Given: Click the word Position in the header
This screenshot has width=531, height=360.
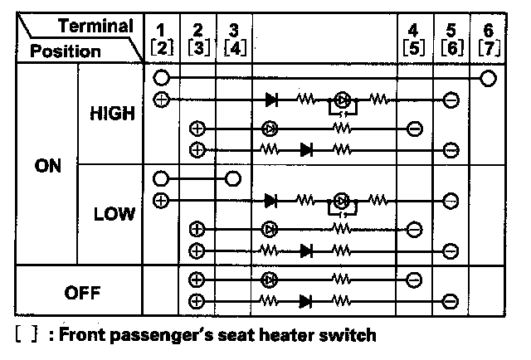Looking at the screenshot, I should pyautogui.click(x=66, y=51).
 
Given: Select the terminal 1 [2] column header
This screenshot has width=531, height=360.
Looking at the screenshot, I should pyautogui.click(x=163, y=39).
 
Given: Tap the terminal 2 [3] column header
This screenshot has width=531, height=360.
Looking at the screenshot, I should pyautogui.click(x=197, y=39).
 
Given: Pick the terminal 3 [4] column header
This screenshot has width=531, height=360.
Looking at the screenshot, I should pyautogui.click(x=233, y=39).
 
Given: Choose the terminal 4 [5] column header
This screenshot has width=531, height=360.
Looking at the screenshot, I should pyautogui.click(x=415, y=39).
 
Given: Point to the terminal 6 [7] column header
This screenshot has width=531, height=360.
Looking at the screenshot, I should pyautogui.click(x=488, y=39).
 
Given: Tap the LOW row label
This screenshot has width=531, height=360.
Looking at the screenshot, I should pyautogui.click(x=114, y=214).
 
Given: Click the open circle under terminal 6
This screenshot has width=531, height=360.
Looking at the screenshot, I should pyautogui.click(x=489, y=79).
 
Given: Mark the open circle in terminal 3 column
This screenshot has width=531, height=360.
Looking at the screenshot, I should pyautogui.click(x=233, y=178).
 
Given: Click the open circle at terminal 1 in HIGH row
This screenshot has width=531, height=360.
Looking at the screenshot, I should pyautogui.click(x=163, y=79).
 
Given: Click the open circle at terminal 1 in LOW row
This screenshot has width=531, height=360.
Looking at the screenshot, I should pyautogui.click(x=163, y=178).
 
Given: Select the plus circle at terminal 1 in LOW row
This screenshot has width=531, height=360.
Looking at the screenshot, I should pyautogui.click(x=162, y=200).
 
